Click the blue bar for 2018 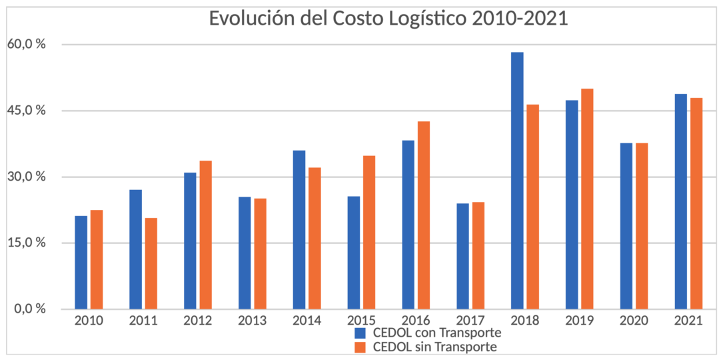517,181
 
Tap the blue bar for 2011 135,249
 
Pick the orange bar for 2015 369,233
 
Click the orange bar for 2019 587,199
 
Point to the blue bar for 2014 299,230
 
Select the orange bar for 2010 97,259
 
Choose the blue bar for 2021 680,201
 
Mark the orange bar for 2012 205,235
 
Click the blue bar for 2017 462,256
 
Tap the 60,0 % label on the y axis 27,45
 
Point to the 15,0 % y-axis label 27,243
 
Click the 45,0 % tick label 27,111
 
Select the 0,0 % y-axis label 29,309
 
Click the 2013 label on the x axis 253,321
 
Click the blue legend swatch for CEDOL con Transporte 360,333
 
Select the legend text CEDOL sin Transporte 435,347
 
